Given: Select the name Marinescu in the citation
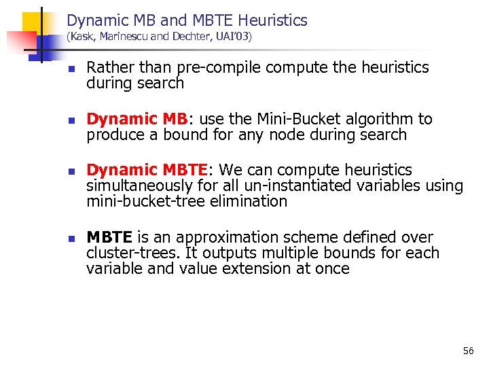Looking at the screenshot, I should click(x=123, y=37).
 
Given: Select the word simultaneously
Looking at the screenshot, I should click(x=139, y=186).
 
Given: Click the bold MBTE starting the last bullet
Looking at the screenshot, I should click(x=109, y=238).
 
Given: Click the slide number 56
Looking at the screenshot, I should click(x=468, y=351).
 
